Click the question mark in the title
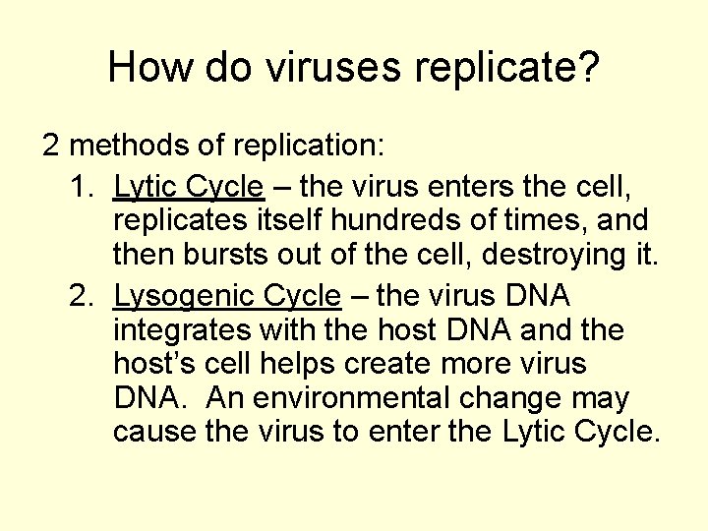[587, 67]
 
